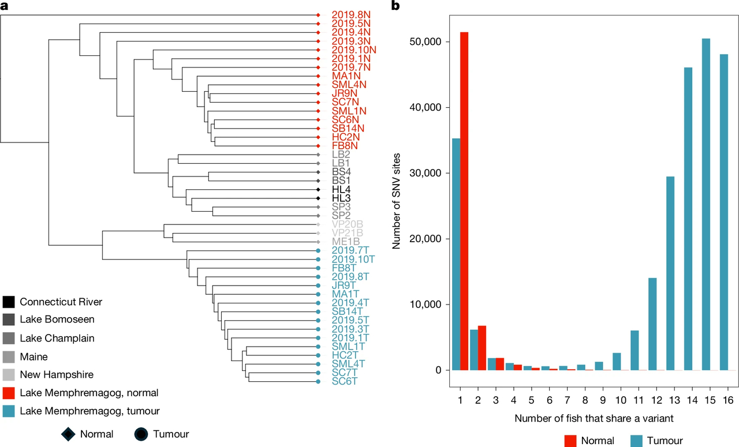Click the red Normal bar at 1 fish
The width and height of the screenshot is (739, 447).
click(x=464, y=201)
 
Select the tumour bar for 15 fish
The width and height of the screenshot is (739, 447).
click(x=706, y=204)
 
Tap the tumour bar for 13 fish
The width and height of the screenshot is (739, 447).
click(x=670, y=273)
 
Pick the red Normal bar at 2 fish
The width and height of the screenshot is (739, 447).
click(x=482, y=348)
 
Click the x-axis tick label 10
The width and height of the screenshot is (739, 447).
click(x=621, y=400)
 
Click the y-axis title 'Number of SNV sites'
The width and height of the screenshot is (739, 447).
click(x=396, y=201)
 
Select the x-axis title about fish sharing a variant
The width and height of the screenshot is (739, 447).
click(x=594, y=418)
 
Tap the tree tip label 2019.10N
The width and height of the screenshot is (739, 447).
click(x=354, y=50)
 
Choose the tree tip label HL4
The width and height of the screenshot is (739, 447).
click(x=341, y=190)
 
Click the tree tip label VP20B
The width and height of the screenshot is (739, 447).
click(x=348, y=224)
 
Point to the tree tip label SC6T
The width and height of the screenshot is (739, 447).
click(x=345, y=381)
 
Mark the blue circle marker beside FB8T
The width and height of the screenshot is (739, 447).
click(x=318, y=268)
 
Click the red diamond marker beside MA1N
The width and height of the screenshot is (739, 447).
click(x=318, y=76)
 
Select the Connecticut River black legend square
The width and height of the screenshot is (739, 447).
click(x=9, y=302)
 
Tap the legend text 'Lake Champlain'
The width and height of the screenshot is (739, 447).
click(x=57, y=338)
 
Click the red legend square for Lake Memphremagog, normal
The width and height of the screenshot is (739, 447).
click(x=9, y=393)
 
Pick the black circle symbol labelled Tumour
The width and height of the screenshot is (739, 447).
click(x=141, y=434)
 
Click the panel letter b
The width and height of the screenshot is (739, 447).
click(x=395, y=6)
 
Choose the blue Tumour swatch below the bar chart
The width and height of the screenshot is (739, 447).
click(x=636, y=441)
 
